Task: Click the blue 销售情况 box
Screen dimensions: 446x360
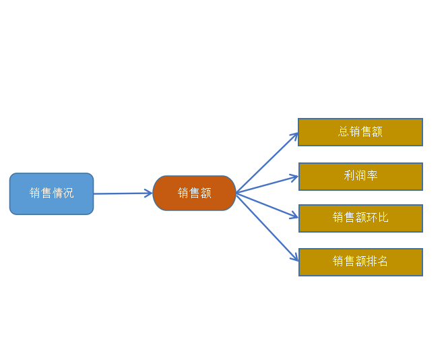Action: (51, 193)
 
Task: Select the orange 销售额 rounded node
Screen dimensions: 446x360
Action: (194, 193)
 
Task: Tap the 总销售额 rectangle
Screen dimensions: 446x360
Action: (360, 132)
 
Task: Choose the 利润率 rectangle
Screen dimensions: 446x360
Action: (360, 177)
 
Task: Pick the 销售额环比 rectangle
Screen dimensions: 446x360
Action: (360, 218)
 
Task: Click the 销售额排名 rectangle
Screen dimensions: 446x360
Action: (360, 262)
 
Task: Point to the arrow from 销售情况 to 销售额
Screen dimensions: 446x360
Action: (123, 193)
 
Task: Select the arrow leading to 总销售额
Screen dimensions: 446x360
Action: (267, 162)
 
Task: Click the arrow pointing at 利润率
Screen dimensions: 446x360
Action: (267, 185)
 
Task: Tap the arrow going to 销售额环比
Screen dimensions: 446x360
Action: (267, 206)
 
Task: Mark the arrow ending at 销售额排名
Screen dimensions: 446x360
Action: (267, 227)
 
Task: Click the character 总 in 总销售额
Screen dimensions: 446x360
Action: (344, 131)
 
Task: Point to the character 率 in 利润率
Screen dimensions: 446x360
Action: (372, 175)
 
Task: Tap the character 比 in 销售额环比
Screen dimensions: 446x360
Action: (383, 218)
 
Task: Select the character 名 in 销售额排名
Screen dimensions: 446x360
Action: (382, 261)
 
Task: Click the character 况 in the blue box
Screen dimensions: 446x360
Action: (68, 193)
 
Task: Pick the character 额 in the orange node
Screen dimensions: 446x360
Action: (205, 193)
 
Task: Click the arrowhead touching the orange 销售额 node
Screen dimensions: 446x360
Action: (148, 193)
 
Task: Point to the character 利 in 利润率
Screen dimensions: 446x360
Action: (349, 175)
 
